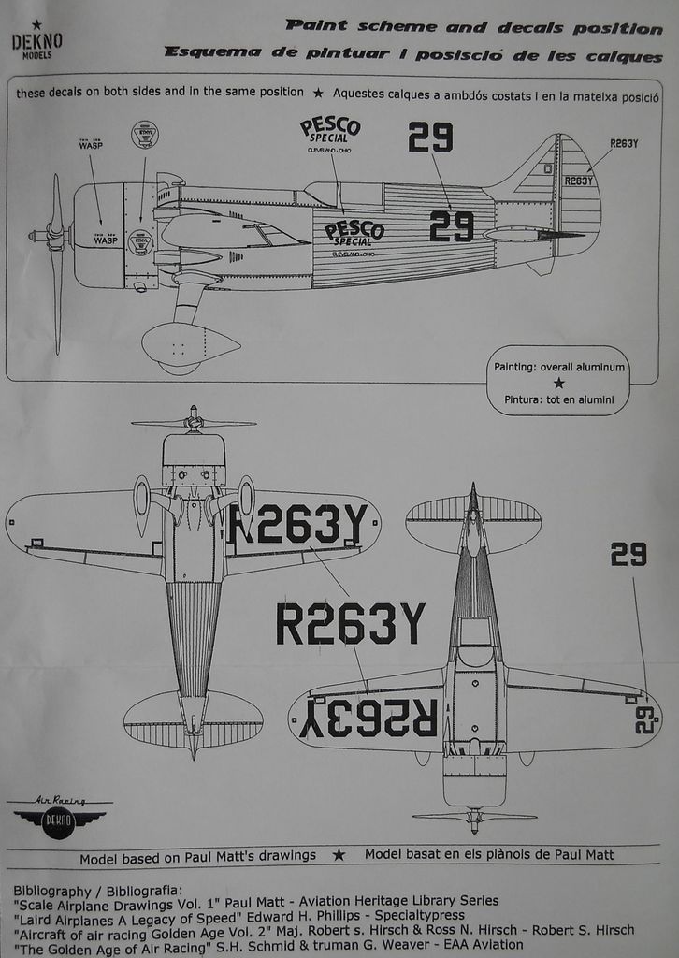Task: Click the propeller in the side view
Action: (55, 262)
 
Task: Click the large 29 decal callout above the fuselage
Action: (430, 138)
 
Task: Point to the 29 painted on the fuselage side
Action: (451, 225)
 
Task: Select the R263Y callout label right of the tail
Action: (624, 143)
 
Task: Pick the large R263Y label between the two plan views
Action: (351, 625)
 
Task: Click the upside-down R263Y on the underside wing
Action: (370, 718)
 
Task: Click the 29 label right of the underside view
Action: (628, 555)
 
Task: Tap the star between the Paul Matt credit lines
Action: (339, 854)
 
